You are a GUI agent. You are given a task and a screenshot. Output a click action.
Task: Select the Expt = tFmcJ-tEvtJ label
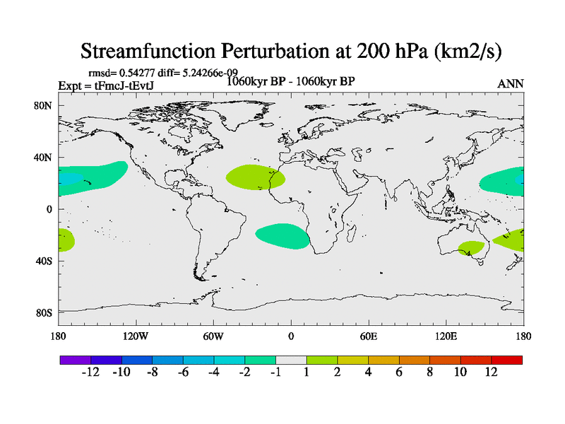(x=106, y=86)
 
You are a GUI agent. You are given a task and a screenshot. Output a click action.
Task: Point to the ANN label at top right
(x=511, y=83)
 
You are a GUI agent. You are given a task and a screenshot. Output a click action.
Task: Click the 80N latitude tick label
(x=44, y=106)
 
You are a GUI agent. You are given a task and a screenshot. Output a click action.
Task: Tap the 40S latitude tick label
(x=44, y=261)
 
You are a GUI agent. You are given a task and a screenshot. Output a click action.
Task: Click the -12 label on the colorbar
(x=90, y=372)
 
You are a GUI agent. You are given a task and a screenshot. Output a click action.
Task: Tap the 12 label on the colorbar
(x=491, y=372)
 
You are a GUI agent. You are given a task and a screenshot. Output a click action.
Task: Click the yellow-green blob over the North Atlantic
(x=255, y=177)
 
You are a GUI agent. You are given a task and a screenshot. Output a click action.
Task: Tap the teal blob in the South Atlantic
(x=282, y=236)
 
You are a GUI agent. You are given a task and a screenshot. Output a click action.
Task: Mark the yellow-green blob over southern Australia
(x=471, y=248)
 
